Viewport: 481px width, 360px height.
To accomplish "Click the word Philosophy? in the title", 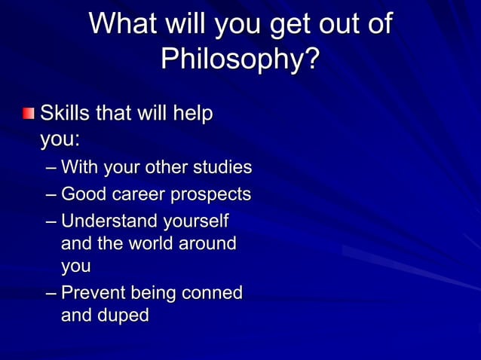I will [240, 59].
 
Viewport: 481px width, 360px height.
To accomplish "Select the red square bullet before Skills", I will [28, 114].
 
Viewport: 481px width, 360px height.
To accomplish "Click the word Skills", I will [65, 114].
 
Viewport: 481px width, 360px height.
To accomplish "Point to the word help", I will [192, 114].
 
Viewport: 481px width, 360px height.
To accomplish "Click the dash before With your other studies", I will [51, 167].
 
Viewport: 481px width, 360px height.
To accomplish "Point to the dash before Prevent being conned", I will [51, 293].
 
